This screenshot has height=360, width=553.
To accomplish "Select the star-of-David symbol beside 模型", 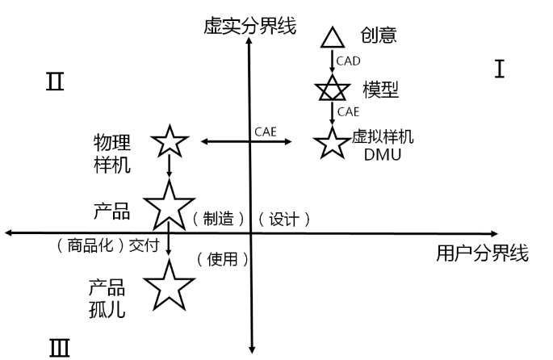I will [330, 88].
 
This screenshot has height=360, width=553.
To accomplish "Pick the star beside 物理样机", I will [170, 142].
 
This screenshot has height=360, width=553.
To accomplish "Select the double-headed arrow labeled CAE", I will [246, 142].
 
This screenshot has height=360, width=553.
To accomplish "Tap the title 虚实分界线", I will [250, 26].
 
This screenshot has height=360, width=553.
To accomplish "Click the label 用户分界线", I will [482, 254].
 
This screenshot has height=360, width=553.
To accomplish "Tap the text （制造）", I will [219, 219].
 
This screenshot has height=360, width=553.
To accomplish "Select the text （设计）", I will [284, 219].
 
